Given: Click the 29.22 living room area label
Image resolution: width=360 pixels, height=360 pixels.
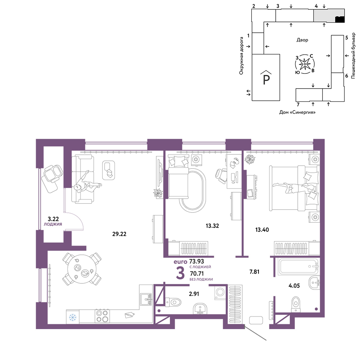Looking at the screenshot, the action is [119, 234].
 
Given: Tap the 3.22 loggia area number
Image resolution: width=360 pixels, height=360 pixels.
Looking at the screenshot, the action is [53, 219].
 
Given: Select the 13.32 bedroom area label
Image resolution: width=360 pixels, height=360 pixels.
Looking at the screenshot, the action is [212, 226].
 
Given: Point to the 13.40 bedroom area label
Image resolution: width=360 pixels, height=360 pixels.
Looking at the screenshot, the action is [262, 230].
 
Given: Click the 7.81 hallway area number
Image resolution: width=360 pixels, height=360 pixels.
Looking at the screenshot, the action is [254, 272].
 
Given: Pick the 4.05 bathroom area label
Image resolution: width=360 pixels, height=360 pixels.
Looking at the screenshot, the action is [294, 285].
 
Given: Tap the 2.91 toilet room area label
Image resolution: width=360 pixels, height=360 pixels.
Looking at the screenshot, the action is [194, 294].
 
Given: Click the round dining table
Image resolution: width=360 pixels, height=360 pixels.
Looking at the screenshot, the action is [82, 269].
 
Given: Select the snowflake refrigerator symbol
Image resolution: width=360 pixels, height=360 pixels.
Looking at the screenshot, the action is [73, 318].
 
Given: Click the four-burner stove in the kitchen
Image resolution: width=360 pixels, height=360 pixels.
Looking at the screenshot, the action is [102, 316].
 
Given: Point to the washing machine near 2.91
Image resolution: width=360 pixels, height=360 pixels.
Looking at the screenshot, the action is [221, 292].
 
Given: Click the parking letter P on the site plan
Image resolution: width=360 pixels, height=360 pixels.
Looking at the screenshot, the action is [266, 80].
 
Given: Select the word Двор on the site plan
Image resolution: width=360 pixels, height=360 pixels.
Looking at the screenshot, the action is [302, 40].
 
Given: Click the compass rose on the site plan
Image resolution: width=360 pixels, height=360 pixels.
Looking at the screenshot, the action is [305, 64].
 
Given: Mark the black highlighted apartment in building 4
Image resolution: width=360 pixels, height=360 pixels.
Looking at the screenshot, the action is [340, 19].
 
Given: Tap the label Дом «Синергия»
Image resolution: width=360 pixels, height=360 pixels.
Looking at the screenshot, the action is [297, 112].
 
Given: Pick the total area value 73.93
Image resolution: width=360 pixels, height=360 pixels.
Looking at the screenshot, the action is [197, 261].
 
